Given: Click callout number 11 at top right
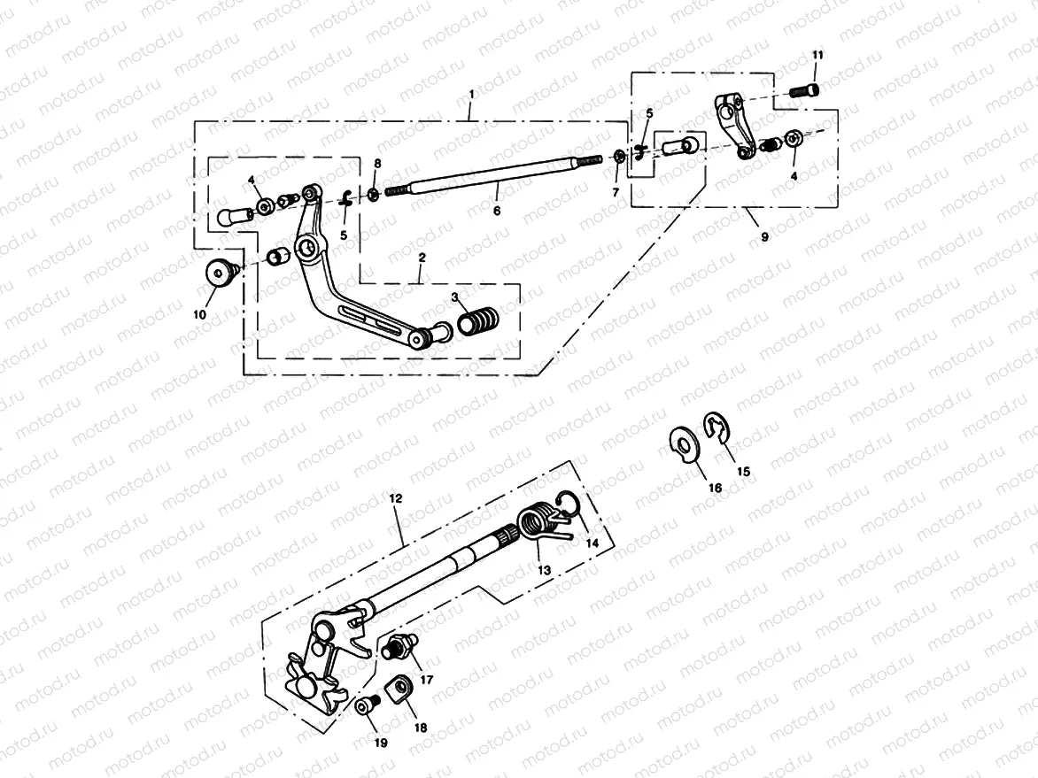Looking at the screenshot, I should [817, 56].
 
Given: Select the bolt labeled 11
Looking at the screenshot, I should [805, 89].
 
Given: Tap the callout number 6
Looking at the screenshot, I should [497, 212].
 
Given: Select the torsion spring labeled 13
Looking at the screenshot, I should [534, 520].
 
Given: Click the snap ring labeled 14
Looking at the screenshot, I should [568, 504].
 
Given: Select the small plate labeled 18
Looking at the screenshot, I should [400, 687].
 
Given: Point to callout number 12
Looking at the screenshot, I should [395, 499].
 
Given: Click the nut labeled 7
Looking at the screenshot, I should [619, 158].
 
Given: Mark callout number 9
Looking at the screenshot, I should [765, 237].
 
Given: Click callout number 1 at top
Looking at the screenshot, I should [472, 93].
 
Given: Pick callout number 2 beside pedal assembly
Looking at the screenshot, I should [422, 257].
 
